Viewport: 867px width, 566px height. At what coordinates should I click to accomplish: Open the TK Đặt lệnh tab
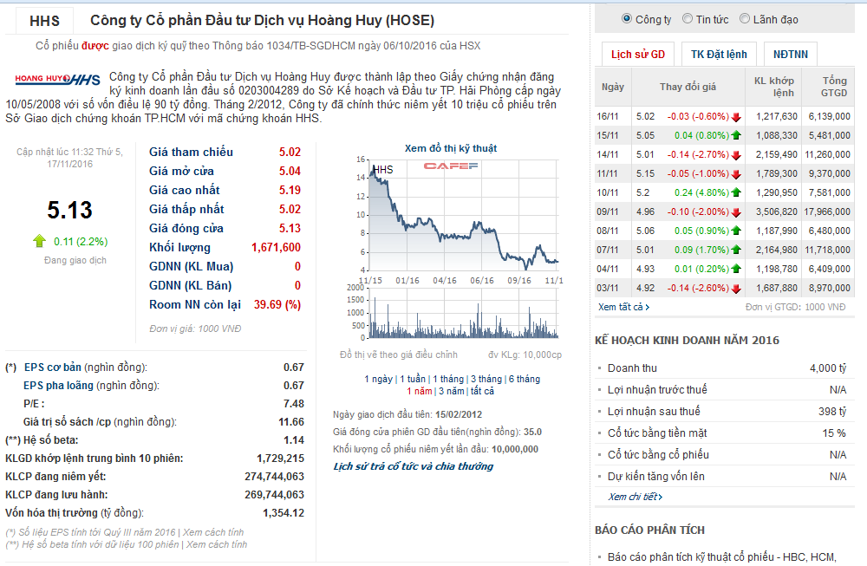pos(719,54)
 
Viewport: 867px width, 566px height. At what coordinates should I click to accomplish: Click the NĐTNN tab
pos(790,54)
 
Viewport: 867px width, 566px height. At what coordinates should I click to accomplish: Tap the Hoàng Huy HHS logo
pos(57,80)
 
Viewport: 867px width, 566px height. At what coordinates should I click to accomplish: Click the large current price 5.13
pos(69,211)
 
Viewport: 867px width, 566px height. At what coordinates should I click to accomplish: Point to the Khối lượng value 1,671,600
pos(276,247)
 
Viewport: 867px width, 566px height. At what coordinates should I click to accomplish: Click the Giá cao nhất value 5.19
pos(290,190)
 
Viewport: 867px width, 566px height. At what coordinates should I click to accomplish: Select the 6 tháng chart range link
pos(524,379)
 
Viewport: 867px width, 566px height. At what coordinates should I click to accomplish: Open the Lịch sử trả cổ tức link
pos(413,466)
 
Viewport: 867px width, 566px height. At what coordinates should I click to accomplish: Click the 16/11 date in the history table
pos(609,116)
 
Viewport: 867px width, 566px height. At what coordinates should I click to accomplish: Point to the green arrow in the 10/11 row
pos(736,192)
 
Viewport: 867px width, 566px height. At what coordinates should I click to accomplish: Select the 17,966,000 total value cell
pos(825,211)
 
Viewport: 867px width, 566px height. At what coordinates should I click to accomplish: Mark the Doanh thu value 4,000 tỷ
pos(827,368)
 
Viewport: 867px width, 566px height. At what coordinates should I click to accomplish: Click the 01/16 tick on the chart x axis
pos(407,280)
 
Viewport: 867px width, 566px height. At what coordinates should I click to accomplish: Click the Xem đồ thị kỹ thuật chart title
pos(450,148)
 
